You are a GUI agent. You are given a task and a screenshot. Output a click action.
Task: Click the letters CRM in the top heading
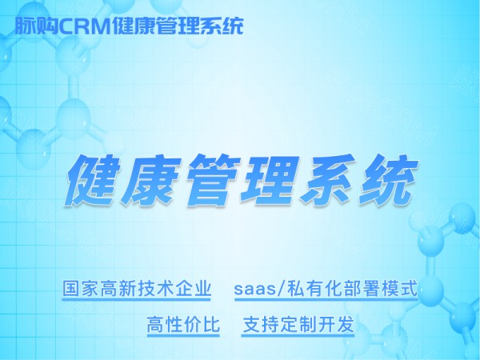tap(84, 26)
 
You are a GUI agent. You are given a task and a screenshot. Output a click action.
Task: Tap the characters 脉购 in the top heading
tap(37, 26)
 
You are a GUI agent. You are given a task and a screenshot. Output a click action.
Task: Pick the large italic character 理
tap(270, 180)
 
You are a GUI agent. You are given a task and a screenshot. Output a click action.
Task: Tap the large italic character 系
tap(328, 180)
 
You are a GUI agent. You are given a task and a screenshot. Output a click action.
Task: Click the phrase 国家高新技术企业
tap(137, 288)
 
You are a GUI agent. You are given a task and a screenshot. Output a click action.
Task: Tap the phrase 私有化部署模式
tap(352, 288)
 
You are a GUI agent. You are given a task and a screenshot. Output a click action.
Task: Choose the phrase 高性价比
tap(183, 324)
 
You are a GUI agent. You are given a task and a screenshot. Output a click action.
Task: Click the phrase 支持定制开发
tap(298, 324)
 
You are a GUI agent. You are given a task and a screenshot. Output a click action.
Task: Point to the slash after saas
tap(277, 289)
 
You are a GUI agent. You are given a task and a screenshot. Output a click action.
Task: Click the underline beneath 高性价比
tap(183, 336)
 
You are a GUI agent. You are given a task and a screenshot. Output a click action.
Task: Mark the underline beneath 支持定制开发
tap(298, 336)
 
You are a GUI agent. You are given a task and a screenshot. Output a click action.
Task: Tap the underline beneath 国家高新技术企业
tap(137, 299)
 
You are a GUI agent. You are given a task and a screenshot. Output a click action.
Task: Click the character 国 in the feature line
tap(72, 288)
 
